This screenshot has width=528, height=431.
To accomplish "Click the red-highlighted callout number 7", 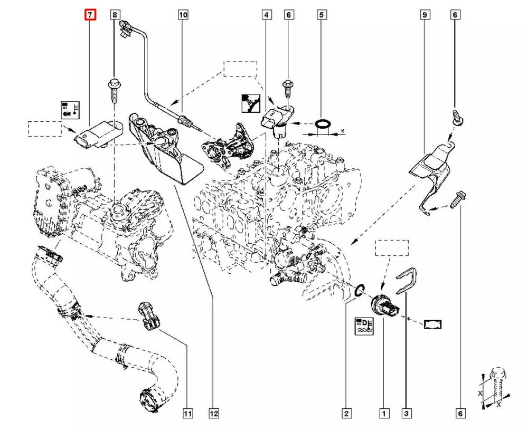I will click(90, 15).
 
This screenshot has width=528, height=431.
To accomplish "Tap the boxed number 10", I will click(183, 15).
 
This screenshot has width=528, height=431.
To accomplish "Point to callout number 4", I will click(267, 15).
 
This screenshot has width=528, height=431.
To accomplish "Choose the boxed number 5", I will click(320, 15).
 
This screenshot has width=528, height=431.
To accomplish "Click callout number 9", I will click(424, 15).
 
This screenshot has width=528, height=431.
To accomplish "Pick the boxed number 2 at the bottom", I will click(346, 414).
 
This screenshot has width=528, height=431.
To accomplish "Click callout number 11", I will click(187, 414).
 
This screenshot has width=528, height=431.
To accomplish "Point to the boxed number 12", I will click(213, 414).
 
